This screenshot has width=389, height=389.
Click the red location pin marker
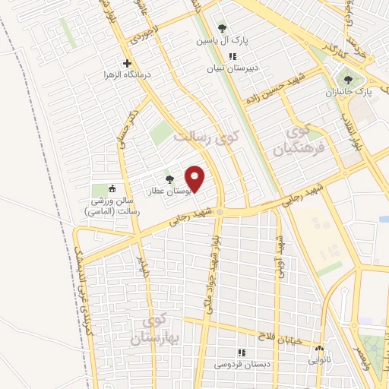(x=196, y=179)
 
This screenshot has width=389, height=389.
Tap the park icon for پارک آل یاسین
(x=222, y=28)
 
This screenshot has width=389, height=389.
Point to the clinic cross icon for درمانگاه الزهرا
(x=127, y=64)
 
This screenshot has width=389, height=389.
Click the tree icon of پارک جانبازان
(x=348, y=77)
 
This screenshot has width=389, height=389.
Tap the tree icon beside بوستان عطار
(x=169, y=179)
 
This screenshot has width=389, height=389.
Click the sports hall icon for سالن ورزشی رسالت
(x=112, y=189)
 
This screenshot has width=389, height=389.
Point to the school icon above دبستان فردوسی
(x=242, y=353)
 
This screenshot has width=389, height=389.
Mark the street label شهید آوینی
(x=280, y=258)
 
